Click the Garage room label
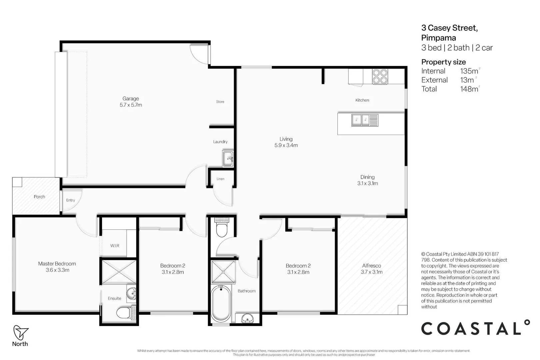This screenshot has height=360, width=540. tap(131, 99)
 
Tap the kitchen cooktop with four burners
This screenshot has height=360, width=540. tap(380, 77)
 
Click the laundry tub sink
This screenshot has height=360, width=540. tap(228, 159)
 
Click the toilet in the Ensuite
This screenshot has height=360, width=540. tap(124, 313)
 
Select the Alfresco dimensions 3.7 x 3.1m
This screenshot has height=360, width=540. tap(371, 272)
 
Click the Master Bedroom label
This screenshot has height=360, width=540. tap(57, 264)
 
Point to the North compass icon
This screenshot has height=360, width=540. tap(20, 332)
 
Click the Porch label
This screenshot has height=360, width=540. tap(39, 197)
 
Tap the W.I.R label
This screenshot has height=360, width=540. tap(115, 246)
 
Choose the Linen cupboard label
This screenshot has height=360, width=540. tap(220, 179)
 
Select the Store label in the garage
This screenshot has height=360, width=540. tap(220, 102)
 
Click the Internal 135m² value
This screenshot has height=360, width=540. tap(469, 71)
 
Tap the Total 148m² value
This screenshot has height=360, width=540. tap(469, 89)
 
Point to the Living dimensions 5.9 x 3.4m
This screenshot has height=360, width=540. tap(286, 145)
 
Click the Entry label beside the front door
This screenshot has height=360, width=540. tap(70, 200)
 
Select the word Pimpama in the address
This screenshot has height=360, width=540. tap(438, 38)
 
